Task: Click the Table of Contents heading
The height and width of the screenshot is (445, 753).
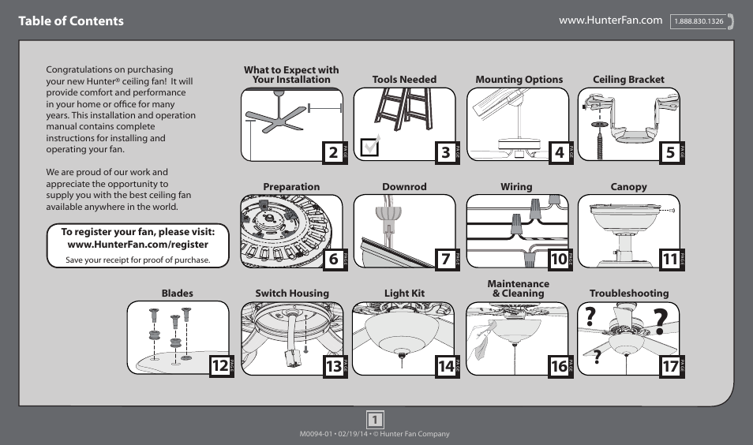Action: [71, 21]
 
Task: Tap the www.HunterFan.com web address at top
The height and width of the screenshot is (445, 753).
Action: [610, 21]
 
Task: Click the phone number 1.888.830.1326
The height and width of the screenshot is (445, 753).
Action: [699, 22]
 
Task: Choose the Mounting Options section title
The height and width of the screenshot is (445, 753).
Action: [519, 80]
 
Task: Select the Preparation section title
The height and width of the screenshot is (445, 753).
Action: [291, 187]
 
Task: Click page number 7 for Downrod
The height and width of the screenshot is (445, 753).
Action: [446, 259]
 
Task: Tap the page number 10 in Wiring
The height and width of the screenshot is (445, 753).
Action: [559, 259]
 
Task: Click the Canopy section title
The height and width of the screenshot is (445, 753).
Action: [628, 187]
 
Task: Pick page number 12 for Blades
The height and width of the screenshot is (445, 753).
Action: [220, 365]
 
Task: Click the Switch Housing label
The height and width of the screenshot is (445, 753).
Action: [291, 294]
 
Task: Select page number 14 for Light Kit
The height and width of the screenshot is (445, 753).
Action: [446, 365]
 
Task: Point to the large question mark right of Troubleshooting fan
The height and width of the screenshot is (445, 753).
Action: [661, 321]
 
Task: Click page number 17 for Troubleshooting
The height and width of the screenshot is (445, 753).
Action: [670, 365]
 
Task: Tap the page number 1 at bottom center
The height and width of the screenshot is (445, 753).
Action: [376, 419]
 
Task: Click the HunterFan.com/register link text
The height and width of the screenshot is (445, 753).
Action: [138, 245]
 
